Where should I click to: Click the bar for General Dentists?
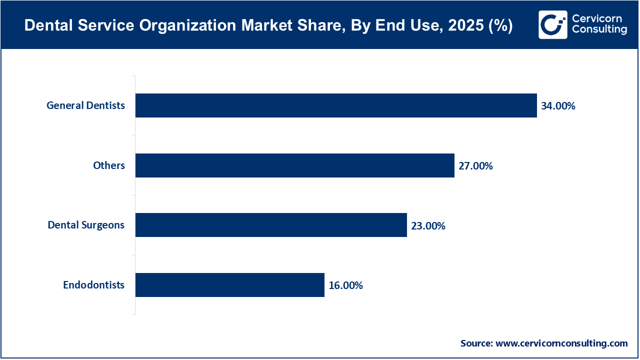click(x=336, y=105)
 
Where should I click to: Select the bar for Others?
click(x=295, y=165)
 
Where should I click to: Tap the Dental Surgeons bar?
click(x=271, y=225)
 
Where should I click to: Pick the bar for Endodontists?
click(x=230, y=285)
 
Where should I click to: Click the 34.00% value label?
click(x=558, y=106)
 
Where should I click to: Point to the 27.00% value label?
click(x=475, y=166)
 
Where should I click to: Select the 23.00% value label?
click(x=428, y=226)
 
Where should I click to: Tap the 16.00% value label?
click(x=345, y=285)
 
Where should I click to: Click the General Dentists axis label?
click(x=86, y=105)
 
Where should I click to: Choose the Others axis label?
click(x=109, y=165)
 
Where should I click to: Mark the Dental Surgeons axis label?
click(x=86, y=225)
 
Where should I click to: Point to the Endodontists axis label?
click(x=93, y=285)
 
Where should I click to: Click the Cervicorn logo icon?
click(x=553, y=24)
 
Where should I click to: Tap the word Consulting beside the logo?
click(x=599, y=30)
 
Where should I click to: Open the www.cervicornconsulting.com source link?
click(x=561, y=343)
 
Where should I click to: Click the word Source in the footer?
click(x=476, y=343)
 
